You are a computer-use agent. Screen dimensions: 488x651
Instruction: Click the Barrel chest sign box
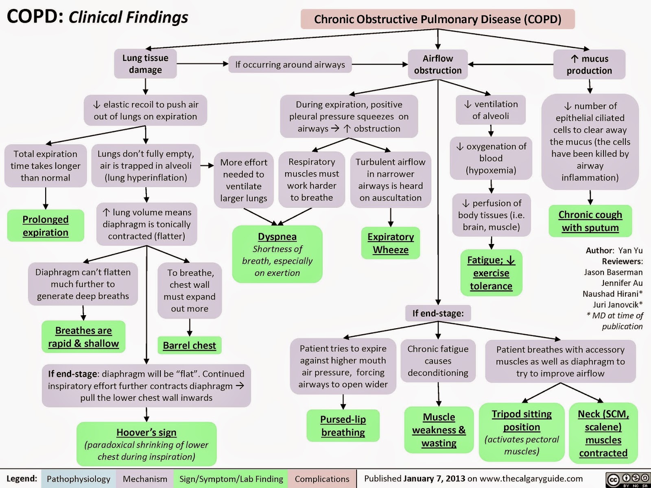(189, 345)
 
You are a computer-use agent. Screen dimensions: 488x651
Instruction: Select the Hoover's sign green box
(146, 444)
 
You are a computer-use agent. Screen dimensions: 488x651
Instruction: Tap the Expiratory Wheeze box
(391, 243)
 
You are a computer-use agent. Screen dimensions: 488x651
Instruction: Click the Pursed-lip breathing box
(343, 425)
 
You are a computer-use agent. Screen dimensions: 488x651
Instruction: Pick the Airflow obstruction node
(438, 64)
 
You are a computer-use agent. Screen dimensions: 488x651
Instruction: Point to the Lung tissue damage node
(145, 63)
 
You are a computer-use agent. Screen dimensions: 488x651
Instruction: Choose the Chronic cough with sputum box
(590, 221)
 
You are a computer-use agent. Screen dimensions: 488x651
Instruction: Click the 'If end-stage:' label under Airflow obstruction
(438, 313)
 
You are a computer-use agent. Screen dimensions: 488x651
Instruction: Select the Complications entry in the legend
(322, 479)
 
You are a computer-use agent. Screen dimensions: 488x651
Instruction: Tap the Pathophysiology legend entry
(78, 479)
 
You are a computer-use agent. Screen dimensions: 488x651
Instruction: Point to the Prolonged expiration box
(46, 226)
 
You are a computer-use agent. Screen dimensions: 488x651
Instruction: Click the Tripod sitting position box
(522, 432)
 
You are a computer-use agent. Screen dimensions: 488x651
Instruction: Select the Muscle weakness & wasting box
(439, 430)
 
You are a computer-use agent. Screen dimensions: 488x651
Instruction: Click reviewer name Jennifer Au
(622, 283)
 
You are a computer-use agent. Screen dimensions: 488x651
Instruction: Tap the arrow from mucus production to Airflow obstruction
(511, 64)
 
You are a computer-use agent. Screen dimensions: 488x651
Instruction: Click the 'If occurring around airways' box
(290, 64)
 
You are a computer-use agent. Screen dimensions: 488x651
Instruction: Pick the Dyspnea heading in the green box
(277, 236)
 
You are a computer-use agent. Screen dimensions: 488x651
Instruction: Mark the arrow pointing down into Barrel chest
(190, 327)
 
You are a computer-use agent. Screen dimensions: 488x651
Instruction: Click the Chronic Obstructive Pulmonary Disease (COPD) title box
(437, 19)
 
